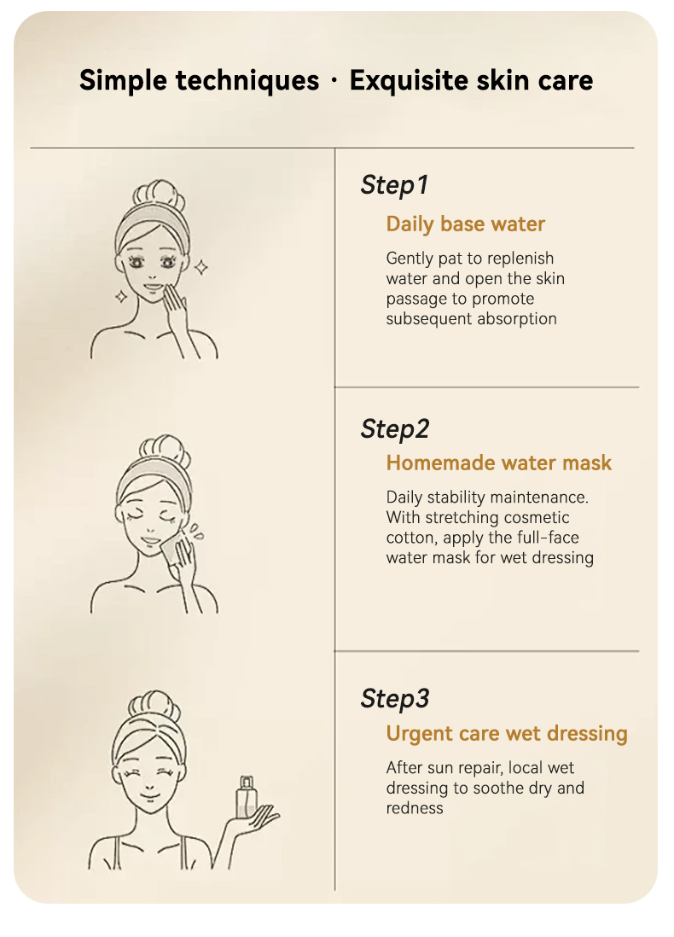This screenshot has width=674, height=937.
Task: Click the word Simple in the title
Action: (x=123, y=81)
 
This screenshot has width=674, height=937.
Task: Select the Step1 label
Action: (x=394, y=185)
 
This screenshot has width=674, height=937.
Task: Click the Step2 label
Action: (x=394, y=429)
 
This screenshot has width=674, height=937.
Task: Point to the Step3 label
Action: (x=394, y=699)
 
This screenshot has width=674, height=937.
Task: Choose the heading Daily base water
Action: (x=466, y=224)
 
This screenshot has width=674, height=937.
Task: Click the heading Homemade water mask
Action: (x=499, y=463)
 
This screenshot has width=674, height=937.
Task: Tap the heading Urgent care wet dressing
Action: (x=507, y=734)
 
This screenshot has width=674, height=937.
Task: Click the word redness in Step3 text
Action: (x=415, y=808)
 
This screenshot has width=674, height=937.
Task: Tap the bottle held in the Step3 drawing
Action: (x=247, y=797)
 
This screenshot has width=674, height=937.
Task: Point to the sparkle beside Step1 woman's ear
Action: (x=201, y=267)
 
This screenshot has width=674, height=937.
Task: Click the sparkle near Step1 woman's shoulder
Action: (x=121, y=296)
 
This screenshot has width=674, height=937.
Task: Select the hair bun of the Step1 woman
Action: (x=159, y=195)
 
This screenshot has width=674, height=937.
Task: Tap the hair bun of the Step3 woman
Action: (x=154, y=706)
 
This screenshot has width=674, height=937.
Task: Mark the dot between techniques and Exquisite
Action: (x=334, y=81)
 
